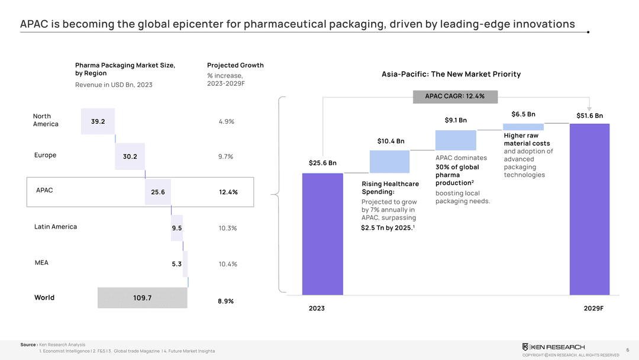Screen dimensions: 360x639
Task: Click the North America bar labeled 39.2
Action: click(98, 121)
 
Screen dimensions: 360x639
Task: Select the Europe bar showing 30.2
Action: click(130, 157)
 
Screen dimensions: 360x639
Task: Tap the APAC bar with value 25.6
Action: click(158, 192)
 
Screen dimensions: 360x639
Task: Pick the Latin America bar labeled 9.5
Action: click(177, 228)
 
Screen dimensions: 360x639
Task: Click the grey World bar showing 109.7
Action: click(142, 298)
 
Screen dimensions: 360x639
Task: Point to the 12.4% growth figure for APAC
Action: click(228, 192)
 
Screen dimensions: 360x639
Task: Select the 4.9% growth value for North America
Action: click(227, 121)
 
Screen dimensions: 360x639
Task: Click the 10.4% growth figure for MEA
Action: click(228, 264)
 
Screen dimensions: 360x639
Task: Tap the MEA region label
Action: click(41, 262)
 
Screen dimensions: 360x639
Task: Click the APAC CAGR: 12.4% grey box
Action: click(454, 96)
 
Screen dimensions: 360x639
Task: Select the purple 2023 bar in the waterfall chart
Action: click(322, 234)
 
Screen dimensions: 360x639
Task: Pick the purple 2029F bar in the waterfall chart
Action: click(589, 208)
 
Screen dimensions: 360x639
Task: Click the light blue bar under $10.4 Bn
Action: click(389, 161)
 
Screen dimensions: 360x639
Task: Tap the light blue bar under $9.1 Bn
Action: click(456, 140)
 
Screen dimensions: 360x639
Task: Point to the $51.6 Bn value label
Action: click(589, 115)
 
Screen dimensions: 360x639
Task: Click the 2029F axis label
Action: click(593, 308)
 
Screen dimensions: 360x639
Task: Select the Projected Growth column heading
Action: click(235, 65)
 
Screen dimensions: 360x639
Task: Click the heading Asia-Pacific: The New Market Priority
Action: click(451, 74)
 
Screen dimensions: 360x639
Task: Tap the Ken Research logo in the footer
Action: click(553, 346)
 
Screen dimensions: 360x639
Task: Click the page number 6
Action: click(627, 349)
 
